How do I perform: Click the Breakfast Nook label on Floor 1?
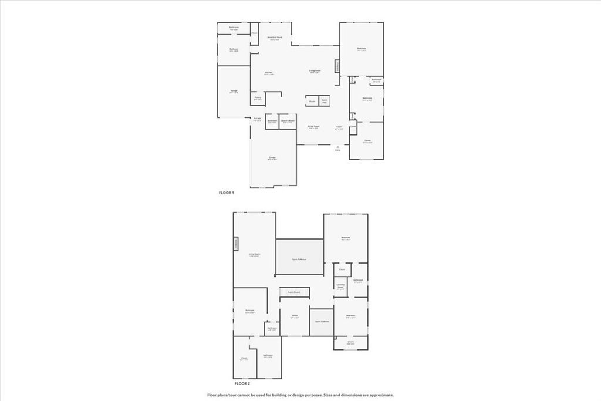(274, 38)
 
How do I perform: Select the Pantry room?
(258, 98)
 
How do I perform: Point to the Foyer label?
(339, 127)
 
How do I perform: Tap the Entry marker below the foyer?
(337, 149)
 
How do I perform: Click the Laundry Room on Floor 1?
(288, 121)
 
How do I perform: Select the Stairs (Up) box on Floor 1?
(325, 101)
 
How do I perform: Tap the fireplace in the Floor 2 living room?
(236, 243)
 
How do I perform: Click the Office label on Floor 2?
(295, 316)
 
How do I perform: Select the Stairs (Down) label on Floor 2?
(293, 292)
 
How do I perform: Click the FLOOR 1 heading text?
(227, 193)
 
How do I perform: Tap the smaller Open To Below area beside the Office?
(322, 322)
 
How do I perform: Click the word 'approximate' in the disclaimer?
(380, 395)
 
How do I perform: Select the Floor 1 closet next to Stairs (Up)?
(312, 101)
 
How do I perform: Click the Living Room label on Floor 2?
(254, 255)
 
